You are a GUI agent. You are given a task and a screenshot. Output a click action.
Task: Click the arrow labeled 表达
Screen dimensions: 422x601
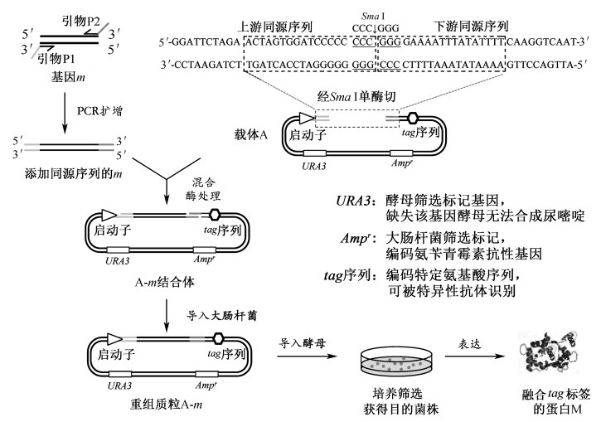point(470,357)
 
